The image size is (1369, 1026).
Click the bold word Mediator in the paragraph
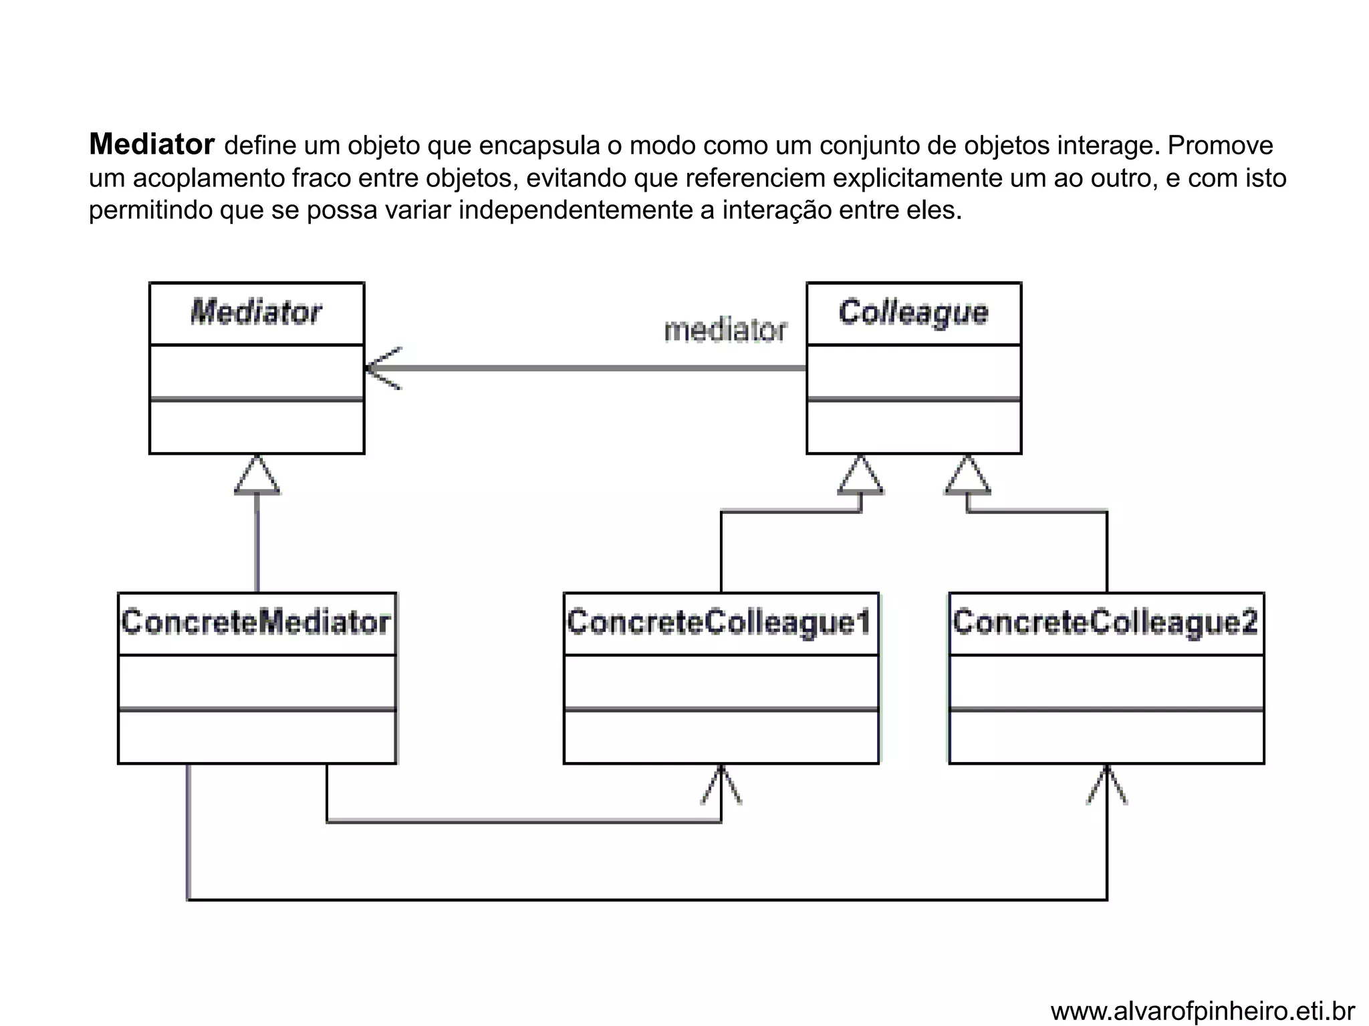[152, 144]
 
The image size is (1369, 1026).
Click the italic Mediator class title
[256, 313]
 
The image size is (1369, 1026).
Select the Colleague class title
[913, 313]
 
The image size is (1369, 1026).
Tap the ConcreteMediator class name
[256, 623]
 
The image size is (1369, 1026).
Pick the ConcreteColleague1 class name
[720, 623]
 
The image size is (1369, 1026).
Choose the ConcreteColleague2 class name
[1106, 623]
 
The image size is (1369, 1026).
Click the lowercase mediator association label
[725, 331]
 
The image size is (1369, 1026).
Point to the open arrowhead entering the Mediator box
[382, 368]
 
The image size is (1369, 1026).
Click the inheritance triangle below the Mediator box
[257, 476]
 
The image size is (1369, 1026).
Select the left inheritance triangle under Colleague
[860, 476]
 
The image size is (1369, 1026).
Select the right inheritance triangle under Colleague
[967, 476]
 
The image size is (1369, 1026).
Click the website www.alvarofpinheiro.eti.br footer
[1202, 1011]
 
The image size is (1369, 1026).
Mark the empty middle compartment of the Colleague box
[913, 371]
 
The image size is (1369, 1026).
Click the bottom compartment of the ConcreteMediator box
[257, 737]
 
